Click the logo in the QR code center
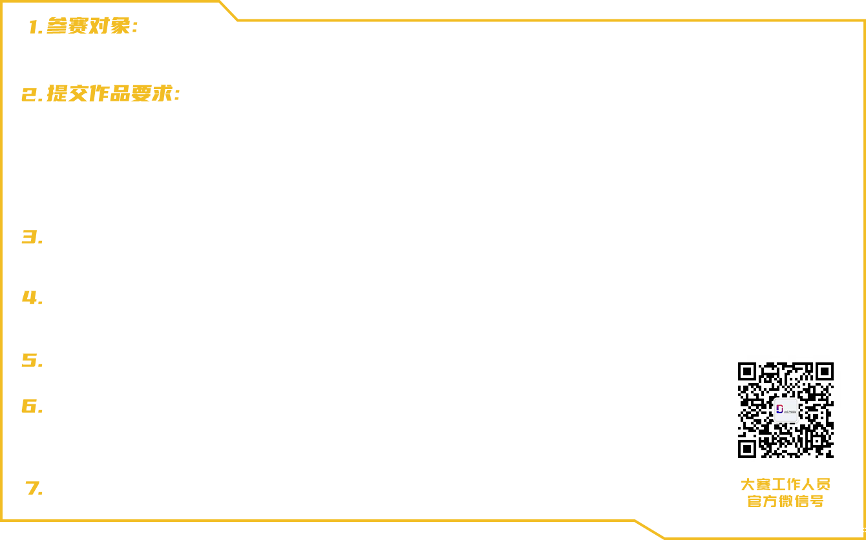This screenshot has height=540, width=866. [x=786, y=410]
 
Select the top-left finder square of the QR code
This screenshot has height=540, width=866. [x=747, y=372]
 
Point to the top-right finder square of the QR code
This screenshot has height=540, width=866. [x=825, y=372]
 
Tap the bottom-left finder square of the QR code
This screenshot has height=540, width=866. [x=747, y=449]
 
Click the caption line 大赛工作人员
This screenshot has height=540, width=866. [x=786, y=484]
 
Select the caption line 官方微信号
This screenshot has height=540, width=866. [x=786, y=501]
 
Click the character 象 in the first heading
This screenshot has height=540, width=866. [x=120, y=26]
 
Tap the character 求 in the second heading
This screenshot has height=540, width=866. [x=162, y=94]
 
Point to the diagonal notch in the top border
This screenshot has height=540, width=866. [x=228, y=10]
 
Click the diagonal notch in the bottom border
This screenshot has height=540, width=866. [x=649, y=529]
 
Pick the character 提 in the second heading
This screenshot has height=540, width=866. [x=58, y=94]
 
